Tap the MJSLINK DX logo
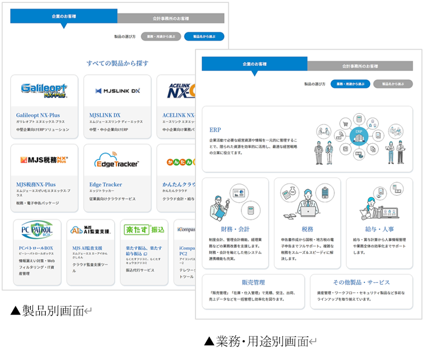(118, 91)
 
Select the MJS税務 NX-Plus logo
(44, 160)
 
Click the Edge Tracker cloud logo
(118, 161)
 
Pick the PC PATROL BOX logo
(37, 230)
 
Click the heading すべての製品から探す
(118, 63)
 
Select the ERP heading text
(216, 130)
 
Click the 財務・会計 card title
(235, 229)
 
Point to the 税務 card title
(307, 229)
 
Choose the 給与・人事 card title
(379, 229)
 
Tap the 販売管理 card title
(253, 282)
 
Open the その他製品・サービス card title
(361, 282)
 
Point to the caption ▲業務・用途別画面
(257, 341)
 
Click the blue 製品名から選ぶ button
(203, 36)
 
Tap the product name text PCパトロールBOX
(36, 248)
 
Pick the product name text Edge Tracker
(106, 185)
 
